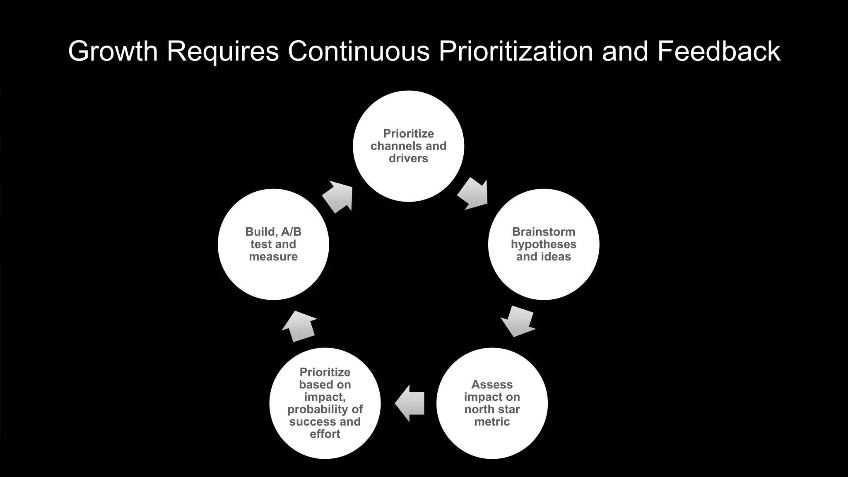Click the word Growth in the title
[x=113, y=51]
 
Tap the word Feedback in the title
[x=718, y=51]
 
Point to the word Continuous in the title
[x=359, y=51]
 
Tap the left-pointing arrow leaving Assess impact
[x=410, y=403]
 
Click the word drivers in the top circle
[x=408, y=158]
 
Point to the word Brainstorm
[x=543, y=232]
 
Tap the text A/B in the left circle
[x=291, y=232]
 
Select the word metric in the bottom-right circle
[x=492, y=422]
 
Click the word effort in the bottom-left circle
[x=325, y=434]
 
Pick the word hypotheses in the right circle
[x=543, y=244]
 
